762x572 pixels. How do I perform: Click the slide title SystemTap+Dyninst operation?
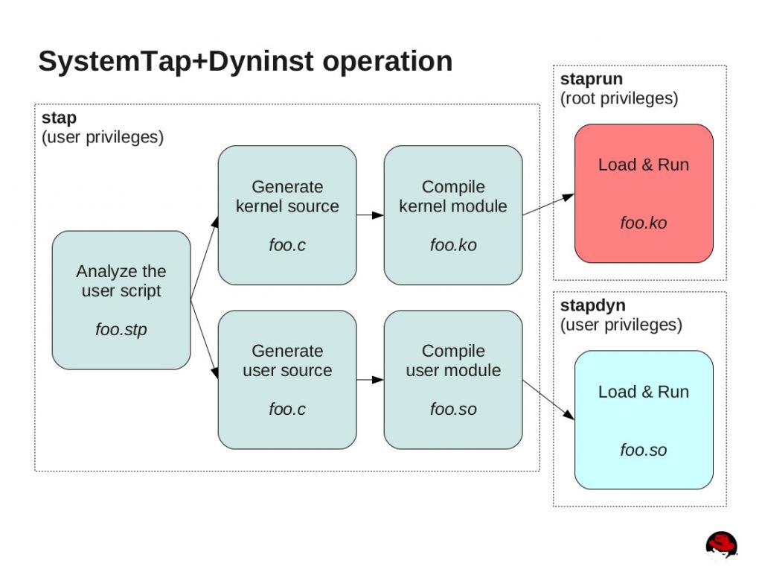point(245,61)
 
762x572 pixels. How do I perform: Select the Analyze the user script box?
point(121,300)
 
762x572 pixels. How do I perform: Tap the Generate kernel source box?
point(286,215)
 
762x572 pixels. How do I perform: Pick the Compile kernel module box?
point(452,215)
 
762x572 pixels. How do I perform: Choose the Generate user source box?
point(286,380)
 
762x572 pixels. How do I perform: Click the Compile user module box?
point(452,380)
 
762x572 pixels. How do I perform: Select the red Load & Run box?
point(644,194)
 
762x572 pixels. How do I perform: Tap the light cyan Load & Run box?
point(644,420)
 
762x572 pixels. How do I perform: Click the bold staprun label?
point(592,80)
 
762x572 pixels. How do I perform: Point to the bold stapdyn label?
point(592,306)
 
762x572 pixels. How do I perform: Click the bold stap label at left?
point(59,118)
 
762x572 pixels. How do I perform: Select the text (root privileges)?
point(618,98)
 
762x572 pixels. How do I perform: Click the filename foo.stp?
point(121,329)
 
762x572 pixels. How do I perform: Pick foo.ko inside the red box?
point(644,223)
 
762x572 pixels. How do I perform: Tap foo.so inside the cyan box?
point(644,450)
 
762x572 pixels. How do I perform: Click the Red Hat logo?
point(720,544)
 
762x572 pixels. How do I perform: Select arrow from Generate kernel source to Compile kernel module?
point(370,216)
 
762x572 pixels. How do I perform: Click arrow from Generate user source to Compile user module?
point(370,380)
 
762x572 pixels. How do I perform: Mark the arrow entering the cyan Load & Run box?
point(549,402)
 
